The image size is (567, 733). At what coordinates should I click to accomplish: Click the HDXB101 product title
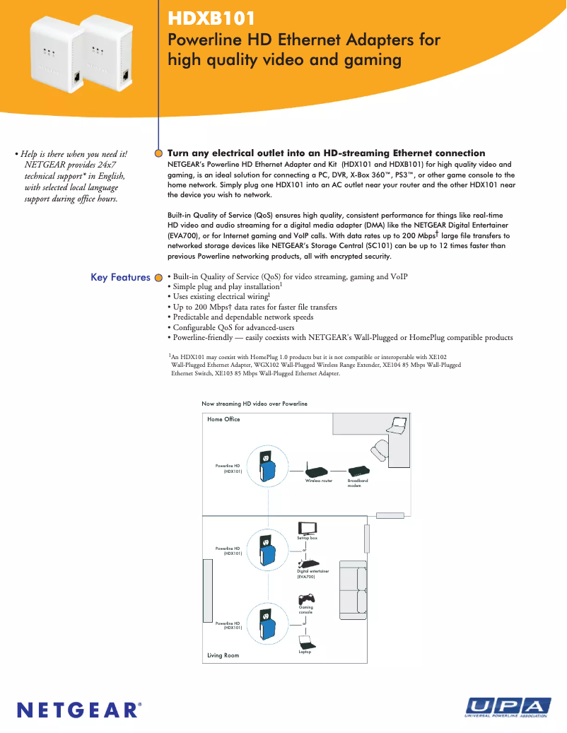211,18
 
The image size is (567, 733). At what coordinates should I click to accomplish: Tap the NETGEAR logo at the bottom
78,708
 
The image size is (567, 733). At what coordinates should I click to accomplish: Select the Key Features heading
120,278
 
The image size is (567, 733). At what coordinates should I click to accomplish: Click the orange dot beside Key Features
159,278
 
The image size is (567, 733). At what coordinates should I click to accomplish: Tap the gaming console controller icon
306,598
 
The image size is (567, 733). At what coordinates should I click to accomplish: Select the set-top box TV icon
308,527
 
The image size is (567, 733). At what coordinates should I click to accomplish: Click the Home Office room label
223,420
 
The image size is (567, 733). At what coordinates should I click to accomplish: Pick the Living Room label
223,656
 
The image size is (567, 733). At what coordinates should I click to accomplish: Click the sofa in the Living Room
353,590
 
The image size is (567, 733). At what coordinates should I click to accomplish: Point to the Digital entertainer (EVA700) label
312,574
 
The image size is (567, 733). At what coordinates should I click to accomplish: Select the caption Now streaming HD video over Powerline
255,404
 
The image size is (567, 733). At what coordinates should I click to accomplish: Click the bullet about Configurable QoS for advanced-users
233,327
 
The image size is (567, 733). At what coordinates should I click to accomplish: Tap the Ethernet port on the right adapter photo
124,75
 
